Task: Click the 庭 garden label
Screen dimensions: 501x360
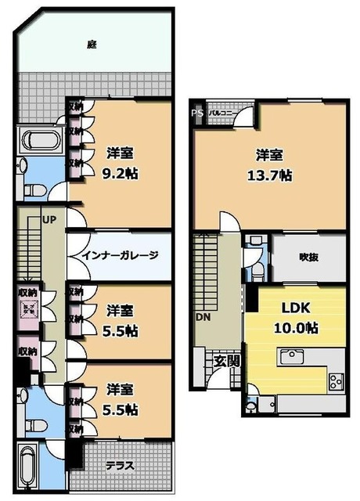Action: tap(92, 45)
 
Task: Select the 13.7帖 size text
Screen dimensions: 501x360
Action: tap(268, 175)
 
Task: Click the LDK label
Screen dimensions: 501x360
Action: tap(294, 308)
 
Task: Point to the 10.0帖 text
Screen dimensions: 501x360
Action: tap(294, 326)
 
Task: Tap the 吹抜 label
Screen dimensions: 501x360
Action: tap(307, 256)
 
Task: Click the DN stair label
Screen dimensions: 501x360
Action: tap(203, 319)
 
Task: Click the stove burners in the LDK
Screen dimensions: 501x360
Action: tap(335, 382)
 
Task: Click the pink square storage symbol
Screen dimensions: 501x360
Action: tap(28, 311)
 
